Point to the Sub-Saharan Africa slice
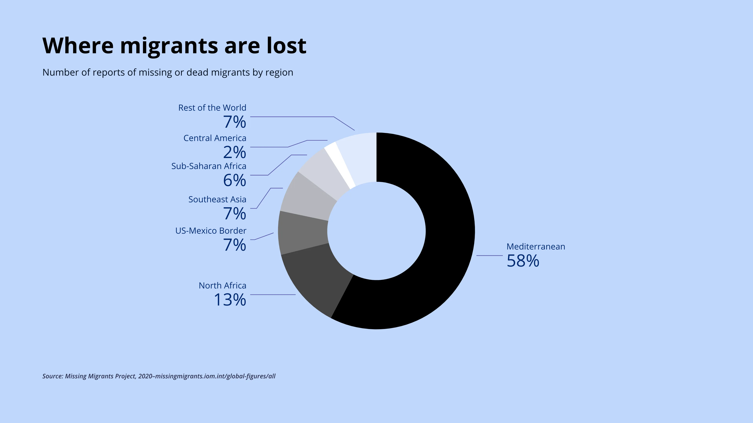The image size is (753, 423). point(325,172)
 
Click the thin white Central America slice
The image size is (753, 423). point(339,164)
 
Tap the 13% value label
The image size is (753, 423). point(230,300)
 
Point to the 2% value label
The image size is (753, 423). point(235,152)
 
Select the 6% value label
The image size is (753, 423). point(235,180)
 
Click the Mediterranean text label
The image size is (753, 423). point(536,247)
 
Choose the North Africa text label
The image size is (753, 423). point(222,286)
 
